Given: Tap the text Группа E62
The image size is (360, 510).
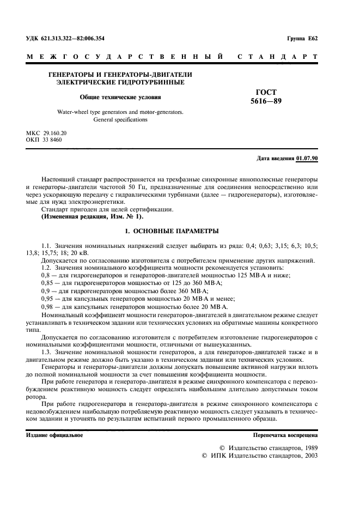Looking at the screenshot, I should tap(306, 39).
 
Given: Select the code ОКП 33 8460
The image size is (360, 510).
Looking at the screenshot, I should tap(44, 140).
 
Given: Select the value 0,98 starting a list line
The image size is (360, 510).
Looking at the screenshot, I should tap(48, 308).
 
